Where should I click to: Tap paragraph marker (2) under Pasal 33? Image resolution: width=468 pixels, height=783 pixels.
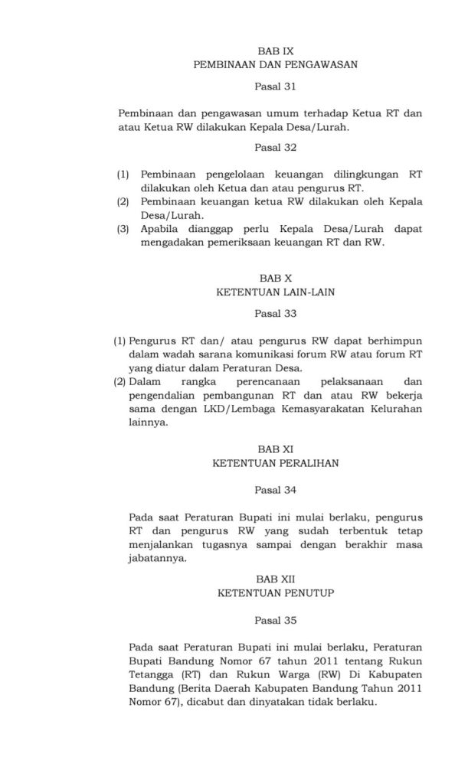coord(119,381)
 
